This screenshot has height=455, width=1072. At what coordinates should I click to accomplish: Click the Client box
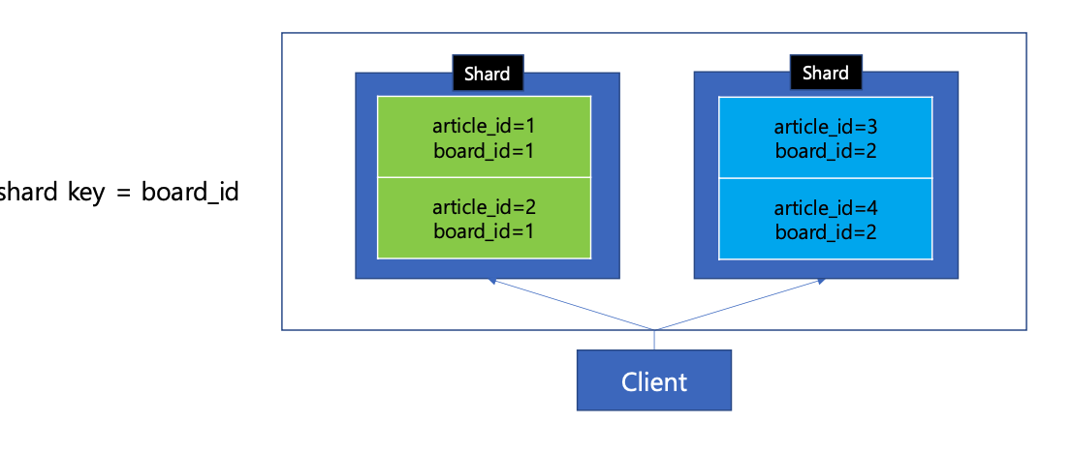[653, 379]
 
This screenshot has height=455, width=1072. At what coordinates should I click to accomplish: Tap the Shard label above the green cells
[488, 74]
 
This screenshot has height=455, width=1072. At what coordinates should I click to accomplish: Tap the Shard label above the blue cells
[825, 73]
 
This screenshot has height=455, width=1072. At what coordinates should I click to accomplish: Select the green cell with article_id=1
[484, 136]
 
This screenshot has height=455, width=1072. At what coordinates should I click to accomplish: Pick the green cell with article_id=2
[484, 218]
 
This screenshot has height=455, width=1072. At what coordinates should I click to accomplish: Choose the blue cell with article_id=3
[825, 137]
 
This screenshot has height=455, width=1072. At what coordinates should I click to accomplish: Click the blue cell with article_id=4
[825, 219]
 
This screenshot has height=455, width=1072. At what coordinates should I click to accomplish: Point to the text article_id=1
[484, 127]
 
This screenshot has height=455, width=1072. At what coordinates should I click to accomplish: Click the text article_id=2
[484, 207]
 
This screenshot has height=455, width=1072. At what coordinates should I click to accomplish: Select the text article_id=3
[825, 127]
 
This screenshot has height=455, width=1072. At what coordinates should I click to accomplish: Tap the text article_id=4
[825, 208]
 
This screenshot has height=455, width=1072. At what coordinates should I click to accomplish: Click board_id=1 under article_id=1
[484, 150]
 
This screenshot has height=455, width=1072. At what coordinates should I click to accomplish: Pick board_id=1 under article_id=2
[484, 231]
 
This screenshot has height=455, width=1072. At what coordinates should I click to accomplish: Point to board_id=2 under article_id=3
[825, 151]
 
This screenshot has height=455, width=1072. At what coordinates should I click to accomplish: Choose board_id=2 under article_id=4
[825, 231]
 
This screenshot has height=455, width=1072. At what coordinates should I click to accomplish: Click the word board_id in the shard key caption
[190, 194]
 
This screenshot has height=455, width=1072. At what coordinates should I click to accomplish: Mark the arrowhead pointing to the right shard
[820, 281]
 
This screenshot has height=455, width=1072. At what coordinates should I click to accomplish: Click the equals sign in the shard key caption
[123, 194]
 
